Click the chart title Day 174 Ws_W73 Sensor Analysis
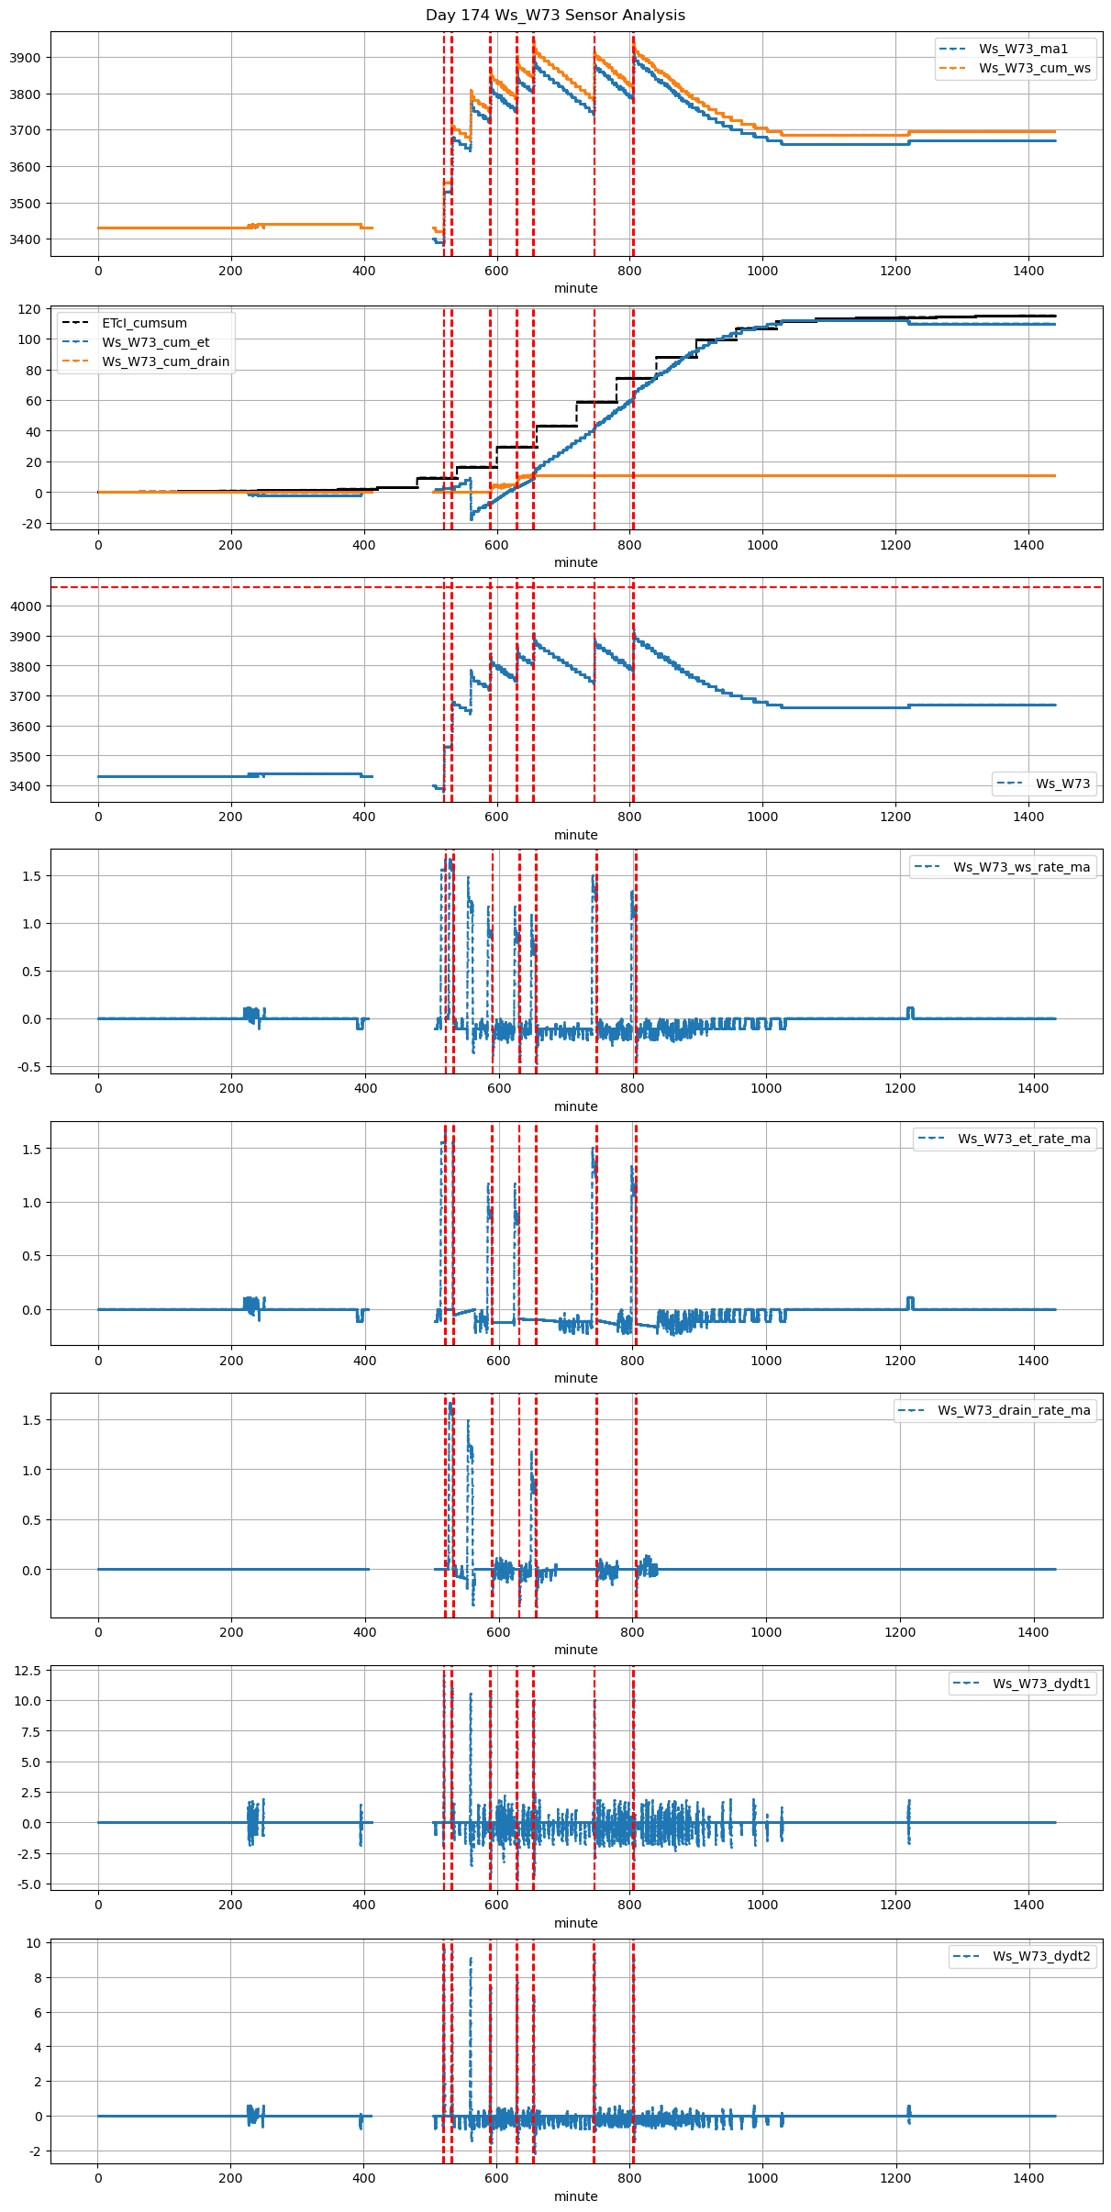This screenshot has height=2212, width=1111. pos(555,16)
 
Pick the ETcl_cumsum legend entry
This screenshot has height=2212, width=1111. pos(144,323)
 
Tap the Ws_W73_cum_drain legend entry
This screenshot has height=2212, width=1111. pos(165,361)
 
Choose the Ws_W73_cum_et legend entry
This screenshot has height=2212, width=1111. pos(155,342)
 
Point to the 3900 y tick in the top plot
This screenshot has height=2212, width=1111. pos(25,58)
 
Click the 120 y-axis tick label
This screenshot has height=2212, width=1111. pos(30,309)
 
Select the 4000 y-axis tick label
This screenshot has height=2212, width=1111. pos(25,606)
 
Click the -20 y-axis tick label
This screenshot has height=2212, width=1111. pos(30,524)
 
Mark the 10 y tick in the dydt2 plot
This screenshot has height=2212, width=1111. pos(33,1943)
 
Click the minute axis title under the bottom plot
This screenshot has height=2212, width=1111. pos(575,2196)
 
